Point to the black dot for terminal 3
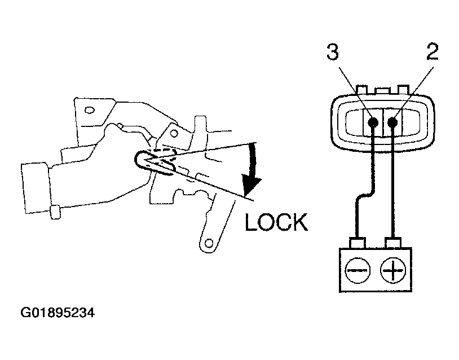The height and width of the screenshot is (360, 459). point(373,122)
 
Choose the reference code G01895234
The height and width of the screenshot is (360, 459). point(58,313)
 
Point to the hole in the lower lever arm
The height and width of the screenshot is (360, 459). point(210,244)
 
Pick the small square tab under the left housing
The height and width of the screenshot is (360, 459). point(55,213)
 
